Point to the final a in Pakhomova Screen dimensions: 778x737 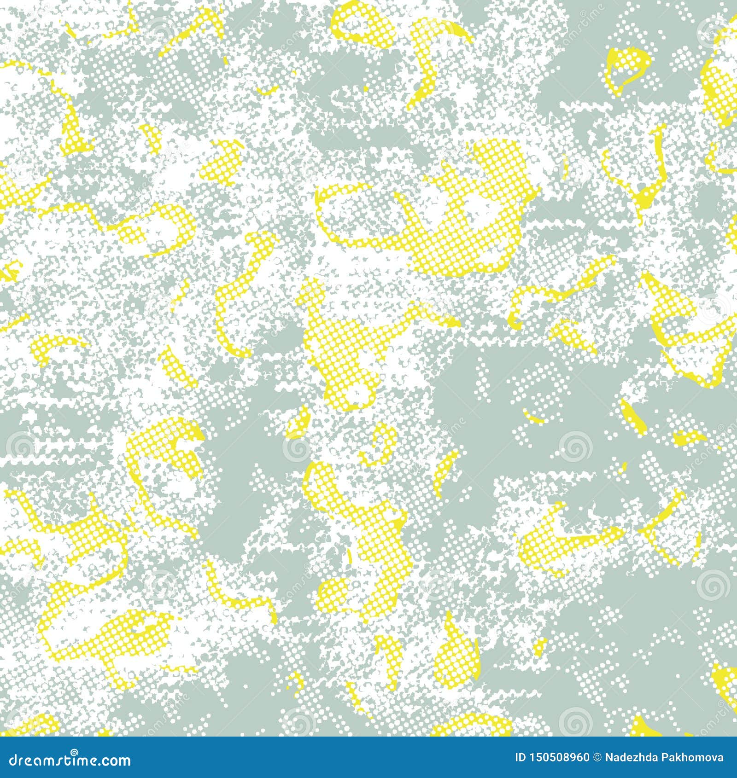point(720,758)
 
